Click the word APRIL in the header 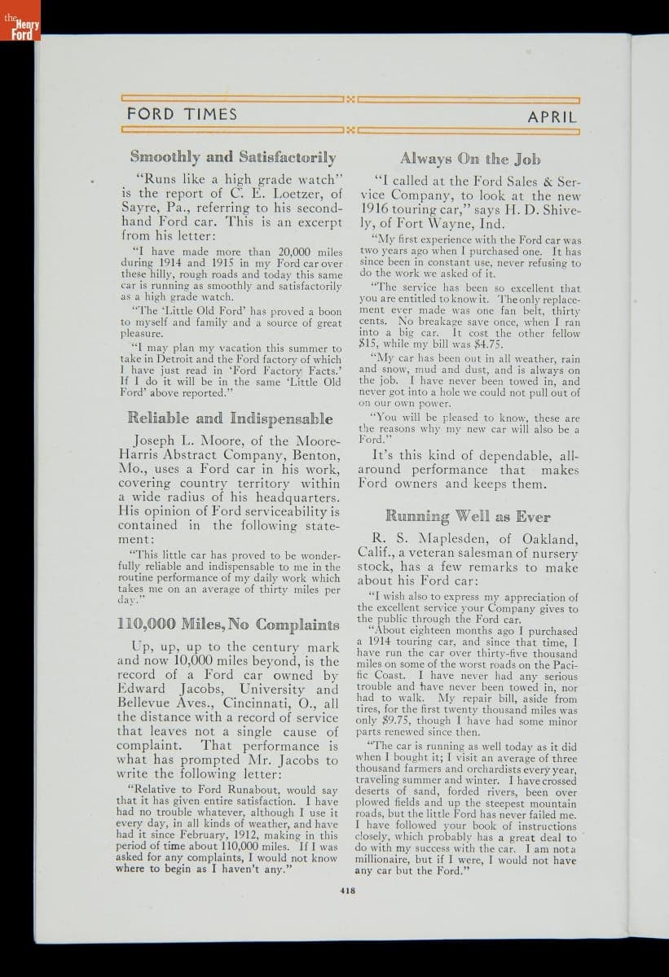click(552, 116)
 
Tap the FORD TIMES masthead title click(182, 115)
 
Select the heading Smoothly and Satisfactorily click(232, 156)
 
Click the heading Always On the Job click(469, 159)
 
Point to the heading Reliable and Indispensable click(230, 418)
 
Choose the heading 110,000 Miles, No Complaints click(228, 625)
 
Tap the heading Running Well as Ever click(467, 516)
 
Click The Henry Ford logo click(20, 31)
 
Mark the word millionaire click(388, 860)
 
